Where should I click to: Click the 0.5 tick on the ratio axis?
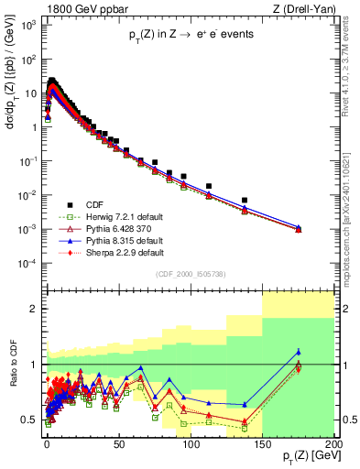(x=34, y=420)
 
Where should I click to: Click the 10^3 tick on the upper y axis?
(x=30, y=26)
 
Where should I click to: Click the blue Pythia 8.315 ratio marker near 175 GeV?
(x=299, y=352)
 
